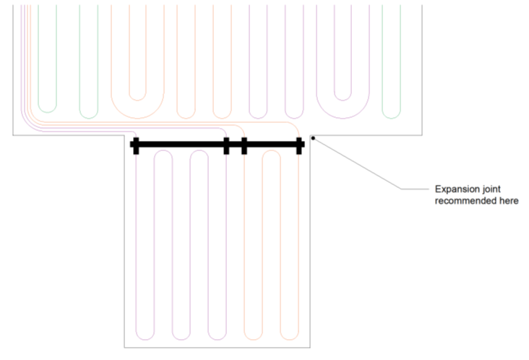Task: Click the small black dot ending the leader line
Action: [x=312, y=137]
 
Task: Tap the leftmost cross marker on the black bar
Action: [x=134, y=145]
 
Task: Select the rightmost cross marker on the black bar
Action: [x=300, y=145]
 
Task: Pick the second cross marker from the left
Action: [x=226, y=145]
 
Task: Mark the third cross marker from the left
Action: [x=244, y=145]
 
